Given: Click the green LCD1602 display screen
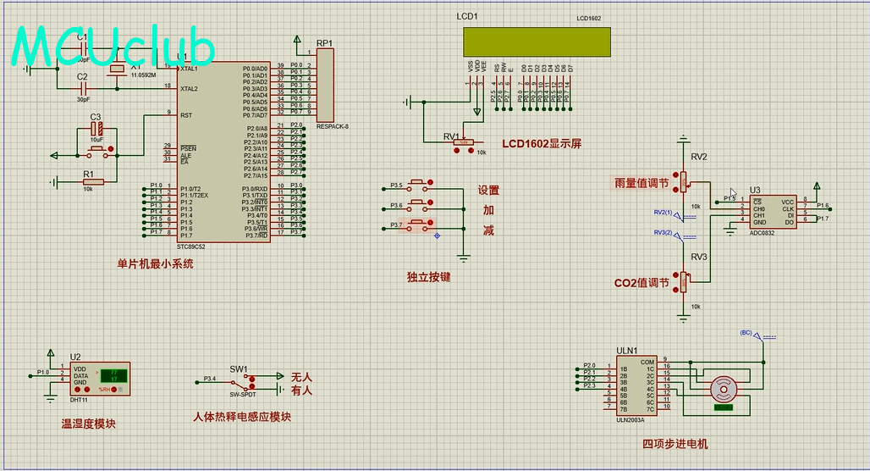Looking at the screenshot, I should click(x=536, y=42).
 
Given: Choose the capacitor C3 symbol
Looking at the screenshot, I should click(x=96, y=130).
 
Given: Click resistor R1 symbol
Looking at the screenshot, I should click(x=93, y=181).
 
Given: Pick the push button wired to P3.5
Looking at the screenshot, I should click(x=418, y=185).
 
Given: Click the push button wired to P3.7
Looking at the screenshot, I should click(x=418, y=225).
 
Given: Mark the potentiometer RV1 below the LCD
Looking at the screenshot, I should click(x=463, y=142).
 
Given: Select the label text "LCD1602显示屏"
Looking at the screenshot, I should click(x=542, y=144).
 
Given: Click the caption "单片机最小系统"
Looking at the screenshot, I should click(x=155, y=263).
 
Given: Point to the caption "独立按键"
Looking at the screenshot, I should click(x=428, y=277).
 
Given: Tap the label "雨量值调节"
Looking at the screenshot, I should click(x=641, y=183).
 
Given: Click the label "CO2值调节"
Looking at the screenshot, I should click(x=641, y=283).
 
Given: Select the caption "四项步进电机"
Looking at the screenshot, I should click(x=675, y=444).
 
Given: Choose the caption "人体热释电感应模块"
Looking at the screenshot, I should click(x=241, y=417).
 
